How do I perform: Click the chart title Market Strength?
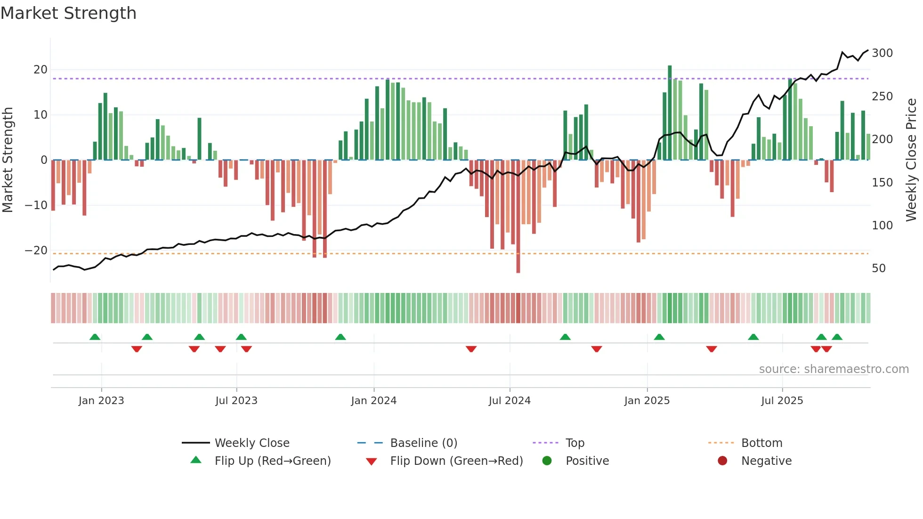point(68,13)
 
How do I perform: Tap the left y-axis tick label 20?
point(40,70)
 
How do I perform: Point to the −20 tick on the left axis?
point(36,251)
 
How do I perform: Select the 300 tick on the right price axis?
point(882,53)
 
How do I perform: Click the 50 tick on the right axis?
point(879,268)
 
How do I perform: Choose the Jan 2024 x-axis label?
point(374,401)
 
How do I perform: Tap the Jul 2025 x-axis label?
point(782,401)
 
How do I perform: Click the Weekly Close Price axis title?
point(912,160)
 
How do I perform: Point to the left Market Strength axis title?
point(8,160)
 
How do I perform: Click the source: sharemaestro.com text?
point(834,369)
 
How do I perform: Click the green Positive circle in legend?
point(547,461)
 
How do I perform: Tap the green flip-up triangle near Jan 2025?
point(659,337)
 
